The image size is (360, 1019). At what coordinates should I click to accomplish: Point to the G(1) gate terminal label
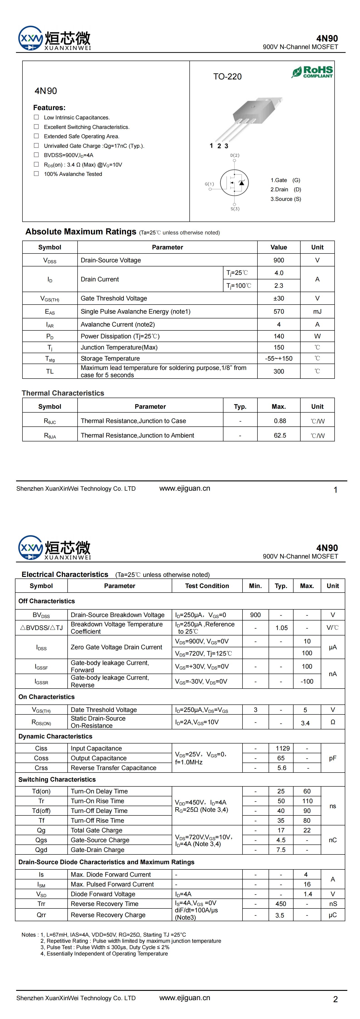pos(209,184)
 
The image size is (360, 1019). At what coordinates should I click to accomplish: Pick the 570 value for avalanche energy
pos(279,312)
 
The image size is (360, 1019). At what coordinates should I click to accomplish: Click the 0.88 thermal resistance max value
pos(280,421)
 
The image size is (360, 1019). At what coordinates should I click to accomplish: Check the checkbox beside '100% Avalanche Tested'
pos(36,174)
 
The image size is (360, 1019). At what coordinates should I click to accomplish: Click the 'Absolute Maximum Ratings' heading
pos(81,232)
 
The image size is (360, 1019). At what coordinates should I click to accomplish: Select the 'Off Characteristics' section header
pos(47,601)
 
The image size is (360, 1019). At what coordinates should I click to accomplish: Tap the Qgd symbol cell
pos(41,850)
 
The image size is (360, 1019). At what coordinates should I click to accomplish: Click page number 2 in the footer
pos(335,999)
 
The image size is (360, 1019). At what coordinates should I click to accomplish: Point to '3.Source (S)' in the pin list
pos(286,199)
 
